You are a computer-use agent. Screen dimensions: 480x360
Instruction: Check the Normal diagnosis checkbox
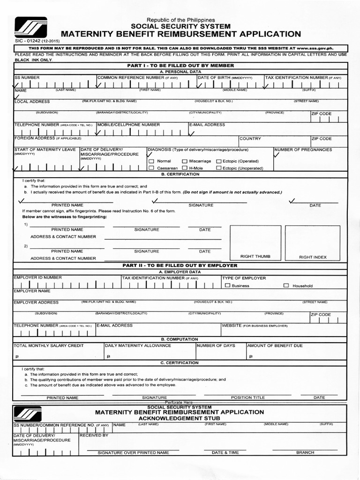(x=151, y=161)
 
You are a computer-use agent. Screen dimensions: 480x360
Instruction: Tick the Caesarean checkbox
(x=151, y=167)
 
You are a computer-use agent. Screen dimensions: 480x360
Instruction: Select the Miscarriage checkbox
(x=185, y=161)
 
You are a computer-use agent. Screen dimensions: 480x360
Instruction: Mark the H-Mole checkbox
(x=185, y=167)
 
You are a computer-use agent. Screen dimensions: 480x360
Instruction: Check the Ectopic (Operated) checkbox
(x=218, y=161)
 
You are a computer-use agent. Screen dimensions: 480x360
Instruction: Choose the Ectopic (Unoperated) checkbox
(x=218, y=167)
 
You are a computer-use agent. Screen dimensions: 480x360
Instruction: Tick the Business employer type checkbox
(x=227, y=285)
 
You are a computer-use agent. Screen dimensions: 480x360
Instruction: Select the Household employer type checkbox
(x=286, y=285)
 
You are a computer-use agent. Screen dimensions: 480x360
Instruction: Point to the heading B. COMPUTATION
(x=180, y=339)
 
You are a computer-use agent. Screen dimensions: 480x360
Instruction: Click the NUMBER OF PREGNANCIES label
(x=303, y=150)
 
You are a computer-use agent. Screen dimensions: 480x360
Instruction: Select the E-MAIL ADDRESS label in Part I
(x=207, y=125)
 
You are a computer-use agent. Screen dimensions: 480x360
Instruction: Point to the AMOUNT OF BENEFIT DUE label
(x=275, y=345)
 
